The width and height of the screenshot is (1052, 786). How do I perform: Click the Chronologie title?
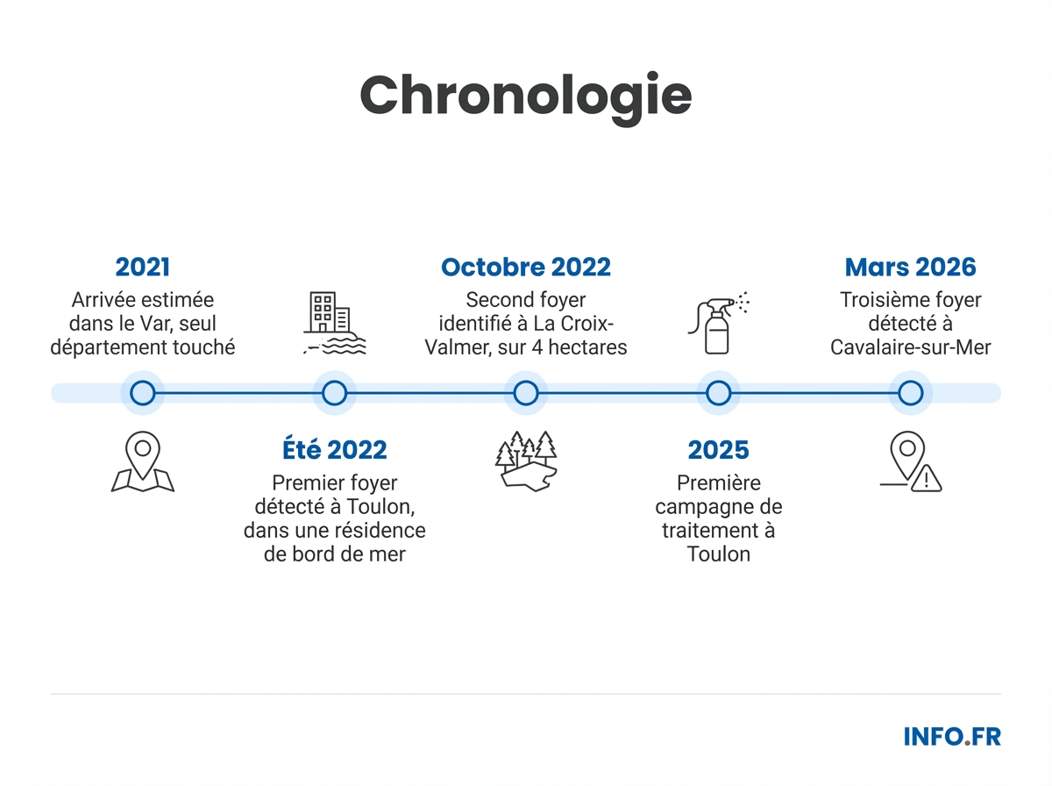pyautogui.click(x=526, y=96)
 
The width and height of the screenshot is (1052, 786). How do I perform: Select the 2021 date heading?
pyautogui.click(x=142, y=267)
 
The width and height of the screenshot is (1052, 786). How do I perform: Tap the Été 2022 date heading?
pyautogui.click(x=334, y=450)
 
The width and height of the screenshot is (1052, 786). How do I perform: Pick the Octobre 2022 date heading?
pyautogui.click(x=526, y=267)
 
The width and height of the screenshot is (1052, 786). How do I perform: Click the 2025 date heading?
pyautogui.click(x=718, y=450)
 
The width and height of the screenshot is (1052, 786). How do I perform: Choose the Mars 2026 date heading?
pyautogui.click(x=910, y=267)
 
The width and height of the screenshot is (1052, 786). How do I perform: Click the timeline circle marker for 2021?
pyautogui.click(x=142, y=393)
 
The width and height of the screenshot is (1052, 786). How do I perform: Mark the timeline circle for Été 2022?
pyautogui.click(x=334, y=393)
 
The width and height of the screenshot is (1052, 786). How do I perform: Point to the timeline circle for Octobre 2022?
pyautogui.click(x=526, y=393)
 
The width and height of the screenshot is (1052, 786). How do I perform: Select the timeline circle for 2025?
pyautogui.click(x=718, y=393)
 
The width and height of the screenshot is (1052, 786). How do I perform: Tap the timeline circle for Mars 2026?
pyautogui.click(x=910, y=393)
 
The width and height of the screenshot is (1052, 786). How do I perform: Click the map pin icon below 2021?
pyautogui.click(x=142, y=461)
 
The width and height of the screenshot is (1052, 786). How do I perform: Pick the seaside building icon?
pyautogui.click(x=334, y=324)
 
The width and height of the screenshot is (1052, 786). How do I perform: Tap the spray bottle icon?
pyautogui.click(x=718, y=323)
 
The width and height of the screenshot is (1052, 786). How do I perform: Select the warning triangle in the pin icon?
pyautogui.click(x=926, y=479)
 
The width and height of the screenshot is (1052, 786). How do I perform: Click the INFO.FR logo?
pyautogui.click(x=951, y=736)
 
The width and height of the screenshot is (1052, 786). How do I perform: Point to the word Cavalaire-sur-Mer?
pyautogui.click(x=910, y=347)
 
